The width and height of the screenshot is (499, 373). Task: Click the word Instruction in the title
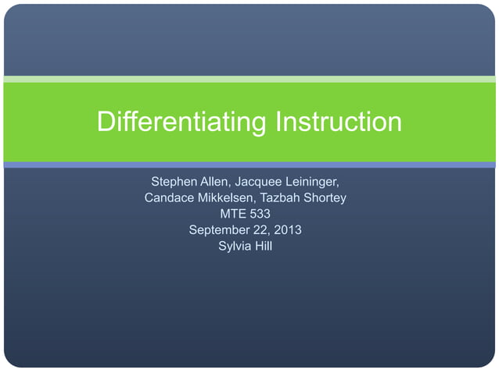tap(339, 122)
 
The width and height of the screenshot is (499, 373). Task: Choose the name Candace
tap(171, 198)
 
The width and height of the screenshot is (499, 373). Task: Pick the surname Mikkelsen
tap(234, 198)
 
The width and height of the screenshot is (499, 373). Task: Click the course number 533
tap(263, 215)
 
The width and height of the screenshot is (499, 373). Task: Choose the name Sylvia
tap(233, 247)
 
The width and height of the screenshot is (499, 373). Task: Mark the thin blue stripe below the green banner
tap(249, 165)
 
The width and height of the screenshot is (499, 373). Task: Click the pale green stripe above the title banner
tap(249, 79)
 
